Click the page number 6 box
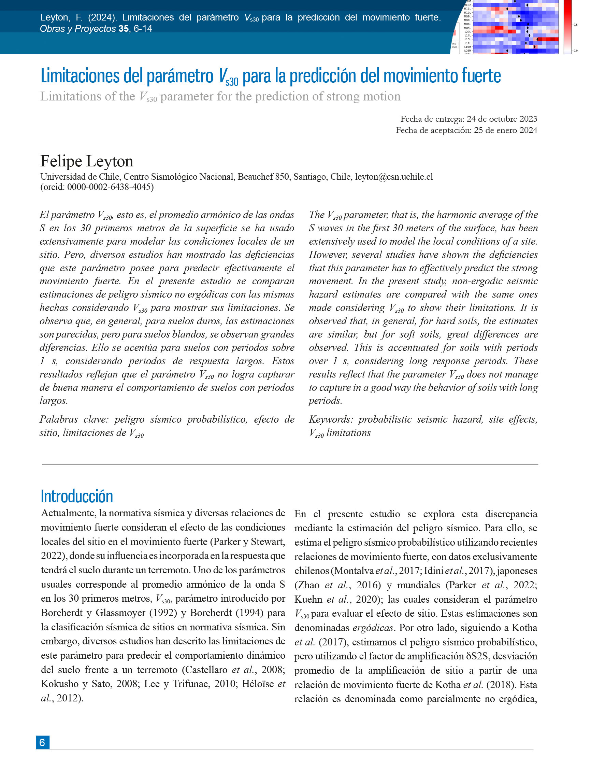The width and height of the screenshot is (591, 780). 43,742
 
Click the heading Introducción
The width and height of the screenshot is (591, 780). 77,496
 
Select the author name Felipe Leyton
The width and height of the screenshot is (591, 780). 87,161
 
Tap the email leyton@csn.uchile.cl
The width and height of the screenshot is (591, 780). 394,177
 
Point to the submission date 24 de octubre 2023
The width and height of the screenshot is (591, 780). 502,119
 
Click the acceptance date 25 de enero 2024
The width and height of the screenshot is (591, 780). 505,130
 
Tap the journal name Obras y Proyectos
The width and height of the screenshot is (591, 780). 78,29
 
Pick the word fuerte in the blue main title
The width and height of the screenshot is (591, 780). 479,76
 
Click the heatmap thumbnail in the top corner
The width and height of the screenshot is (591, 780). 514,26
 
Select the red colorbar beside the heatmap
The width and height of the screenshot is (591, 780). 568,26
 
